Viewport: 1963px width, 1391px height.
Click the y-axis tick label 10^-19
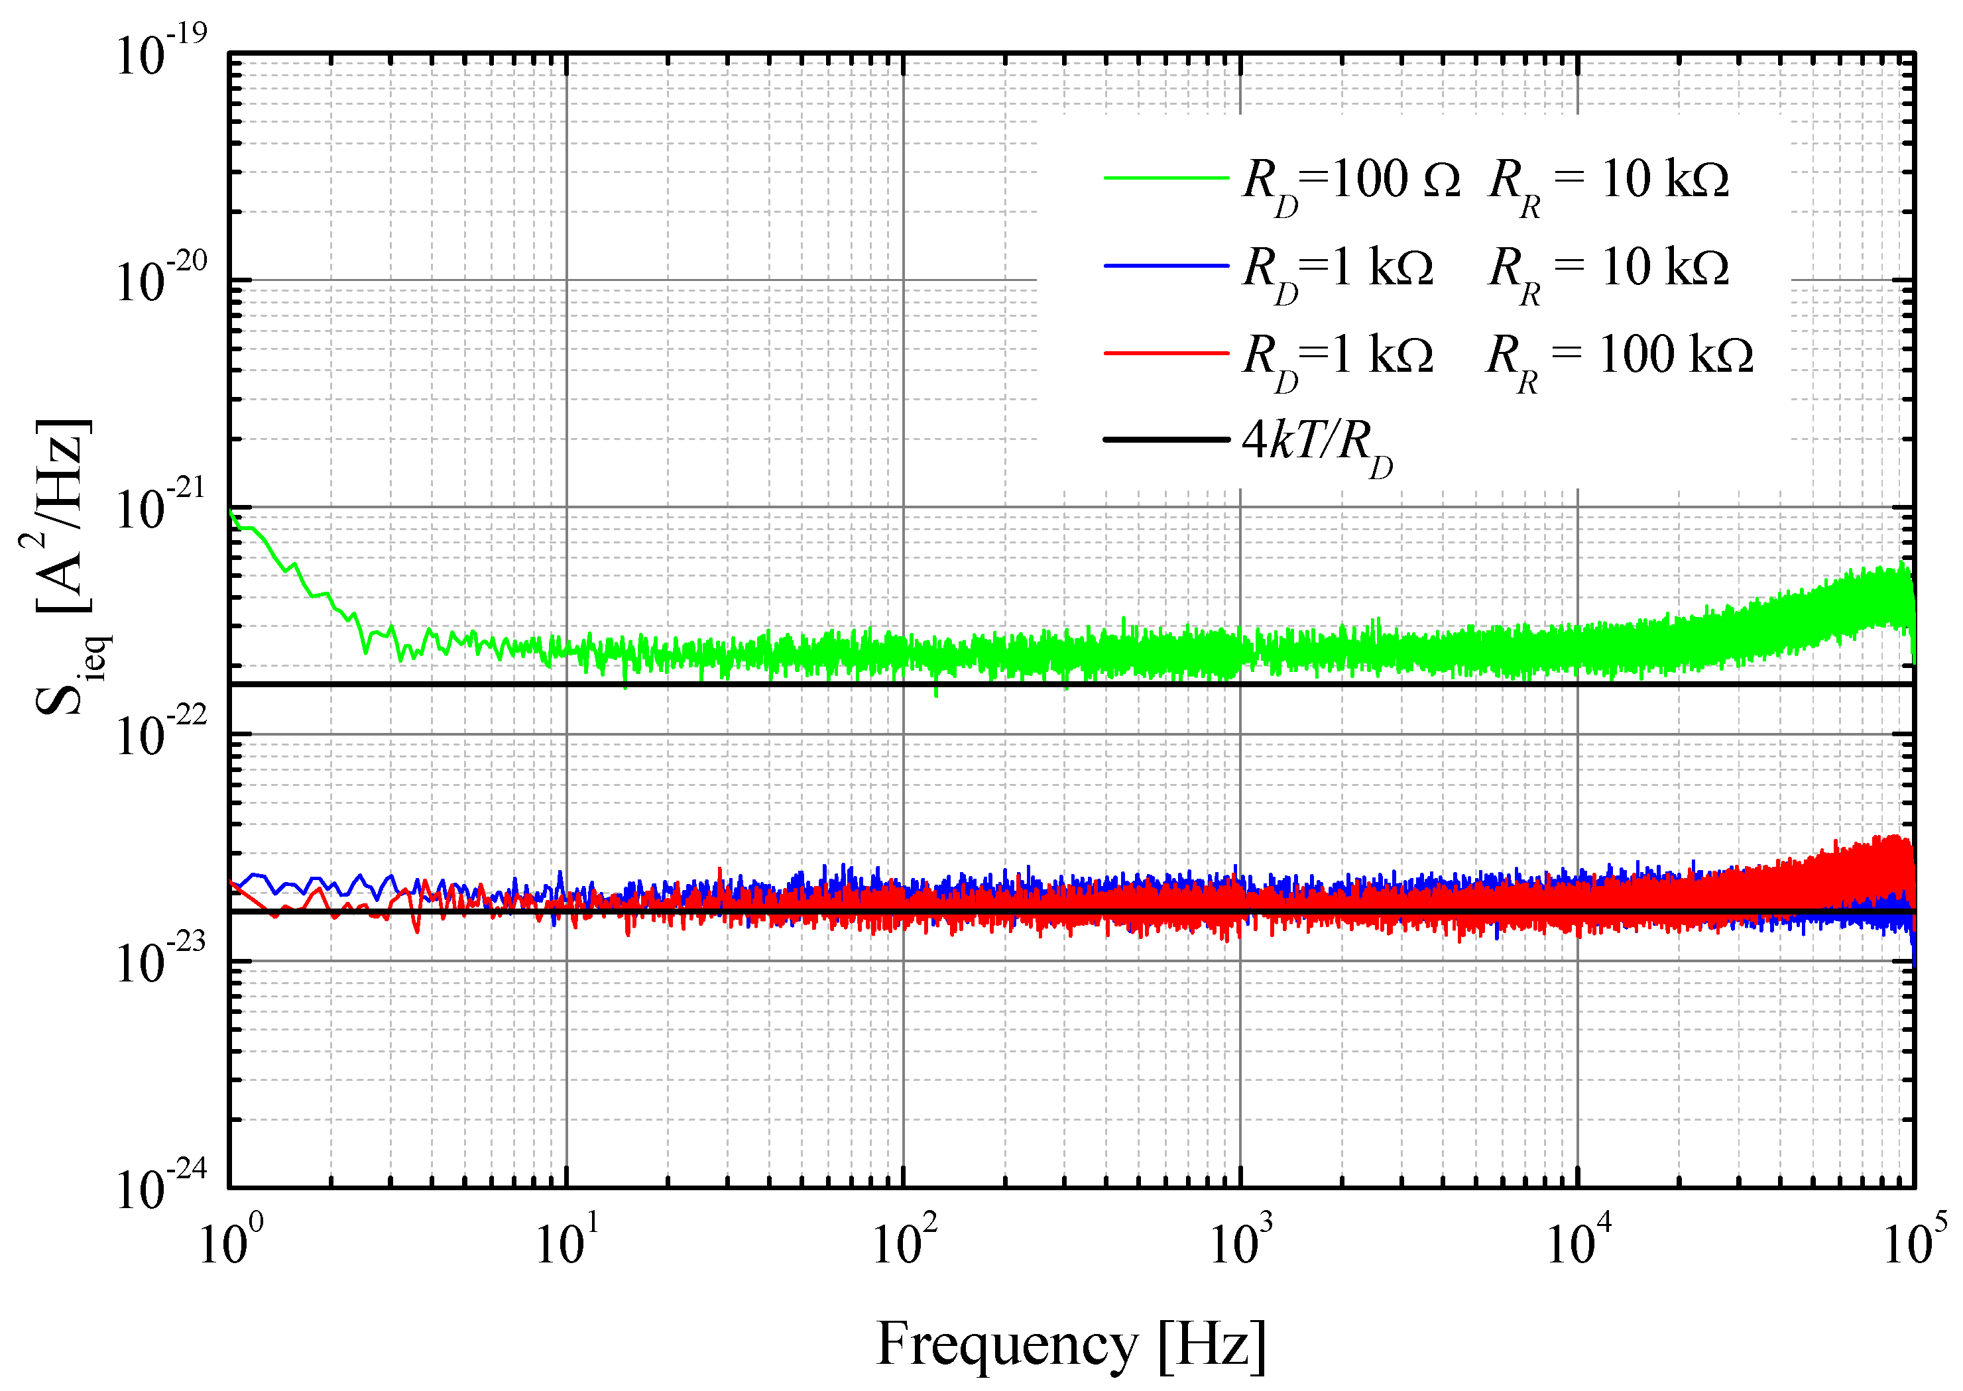click(160, 53)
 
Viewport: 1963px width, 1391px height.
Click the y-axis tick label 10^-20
click(160, 280)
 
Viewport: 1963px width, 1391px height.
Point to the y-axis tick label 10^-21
click(160, 507)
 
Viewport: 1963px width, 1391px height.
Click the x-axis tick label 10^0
click(229, 1242)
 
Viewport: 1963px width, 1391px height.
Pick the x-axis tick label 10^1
click(566, 1242)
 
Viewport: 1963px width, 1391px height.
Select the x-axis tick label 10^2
click(903, 1242)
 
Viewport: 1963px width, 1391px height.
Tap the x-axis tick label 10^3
click(1240, 1242)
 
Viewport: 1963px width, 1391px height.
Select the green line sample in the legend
click(1166, 178)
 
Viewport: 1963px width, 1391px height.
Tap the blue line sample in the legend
click(1166, 266)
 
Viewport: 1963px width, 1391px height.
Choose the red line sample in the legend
click(1166, 353)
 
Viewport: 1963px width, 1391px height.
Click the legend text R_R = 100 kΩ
click(1618, 358)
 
